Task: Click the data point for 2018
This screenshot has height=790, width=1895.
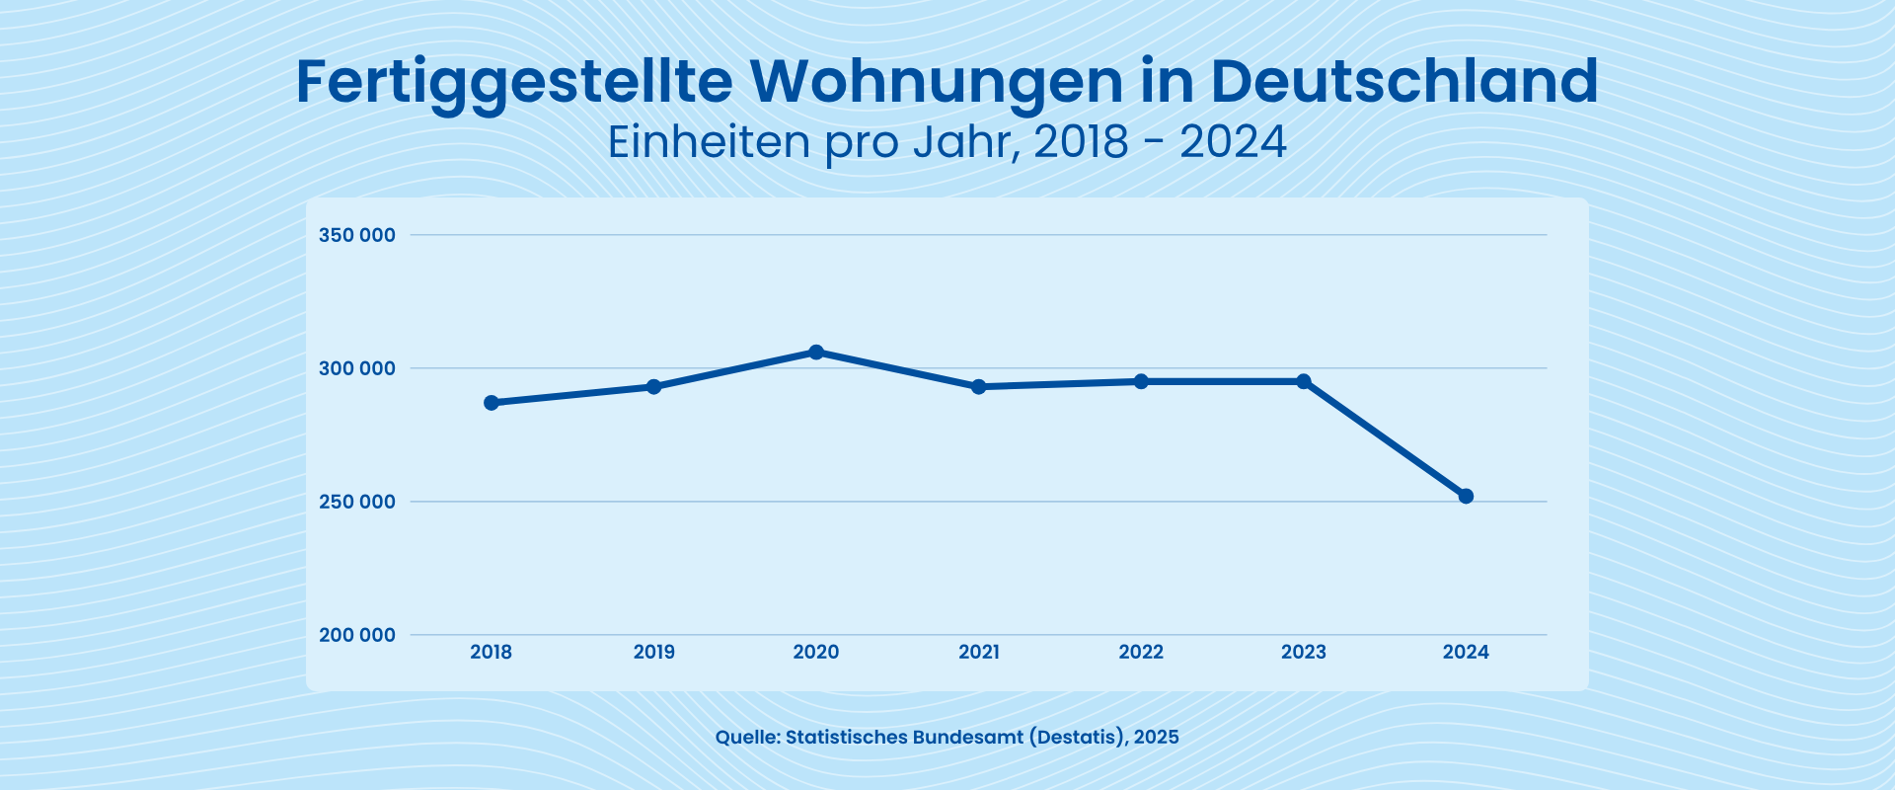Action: click(492, 403)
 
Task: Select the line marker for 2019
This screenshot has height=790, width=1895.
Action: click(653, 386)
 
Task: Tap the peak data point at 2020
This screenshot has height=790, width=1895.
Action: click(816, 353)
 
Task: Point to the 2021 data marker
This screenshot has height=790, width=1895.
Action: click(979, 387)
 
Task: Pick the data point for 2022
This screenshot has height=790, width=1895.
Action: click(1141, 381)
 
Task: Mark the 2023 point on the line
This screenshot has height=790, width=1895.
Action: click(1304, 381)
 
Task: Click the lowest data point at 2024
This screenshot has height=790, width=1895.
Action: click(1466, 496)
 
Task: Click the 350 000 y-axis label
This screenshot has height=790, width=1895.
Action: click(356, 235)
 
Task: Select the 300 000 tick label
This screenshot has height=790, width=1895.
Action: click(356, 368)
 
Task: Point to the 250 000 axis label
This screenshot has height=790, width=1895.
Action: click(356, 502)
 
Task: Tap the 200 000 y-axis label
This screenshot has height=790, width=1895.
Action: click(356, 635)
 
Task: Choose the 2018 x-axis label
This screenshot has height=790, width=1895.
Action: click(492, 652)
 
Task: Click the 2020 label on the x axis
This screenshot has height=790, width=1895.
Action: click(816, 652)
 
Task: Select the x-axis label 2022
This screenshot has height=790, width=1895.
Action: click(1141, 652)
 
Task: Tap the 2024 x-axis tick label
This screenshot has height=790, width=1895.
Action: click(1466, 652)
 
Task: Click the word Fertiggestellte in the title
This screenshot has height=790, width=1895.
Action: click(513, 82)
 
